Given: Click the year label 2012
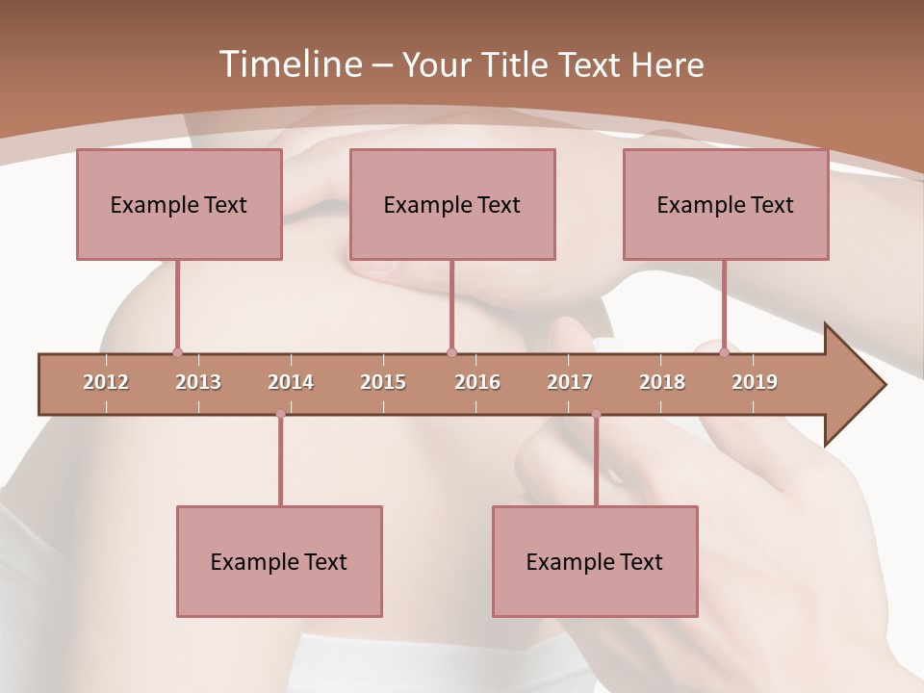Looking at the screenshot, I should (x=106, y=382).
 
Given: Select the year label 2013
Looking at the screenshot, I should (x=198, y=382).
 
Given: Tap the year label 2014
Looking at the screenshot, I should (x=291, y=382).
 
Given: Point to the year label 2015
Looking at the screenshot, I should (x=383, y=382).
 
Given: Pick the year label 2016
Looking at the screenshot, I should (x=477, y=382).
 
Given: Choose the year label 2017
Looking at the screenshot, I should (x=570, y=382).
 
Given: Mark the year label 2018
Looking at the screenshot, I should (x=662, y=382).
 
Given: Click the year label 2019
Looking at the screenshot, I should (x=755, y=382).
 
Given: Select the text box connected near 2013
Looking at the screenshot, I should (x=179, y=204).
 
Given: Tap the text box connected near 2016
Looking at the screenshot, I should (x=452, y=204).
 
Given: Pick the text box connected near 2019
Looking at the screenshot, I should (x=726, y=204).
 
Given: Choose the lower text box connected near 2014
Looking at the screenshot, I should (x=279, y=561).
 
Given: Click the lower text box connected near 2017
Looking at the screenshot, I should (x=595, y=561).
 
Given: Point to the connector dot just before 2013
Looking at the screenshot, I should (x=177, y=352).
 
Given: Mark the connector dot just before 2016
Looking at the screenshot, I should (x=451, y=352).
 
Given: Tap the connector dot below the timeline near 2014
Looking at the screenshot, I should (x=280, y=414).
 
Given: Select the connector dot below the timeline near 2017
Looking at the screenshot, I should (x=596, y=414).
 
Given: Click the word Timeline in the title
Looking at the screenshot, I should (x=289, y=64).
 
